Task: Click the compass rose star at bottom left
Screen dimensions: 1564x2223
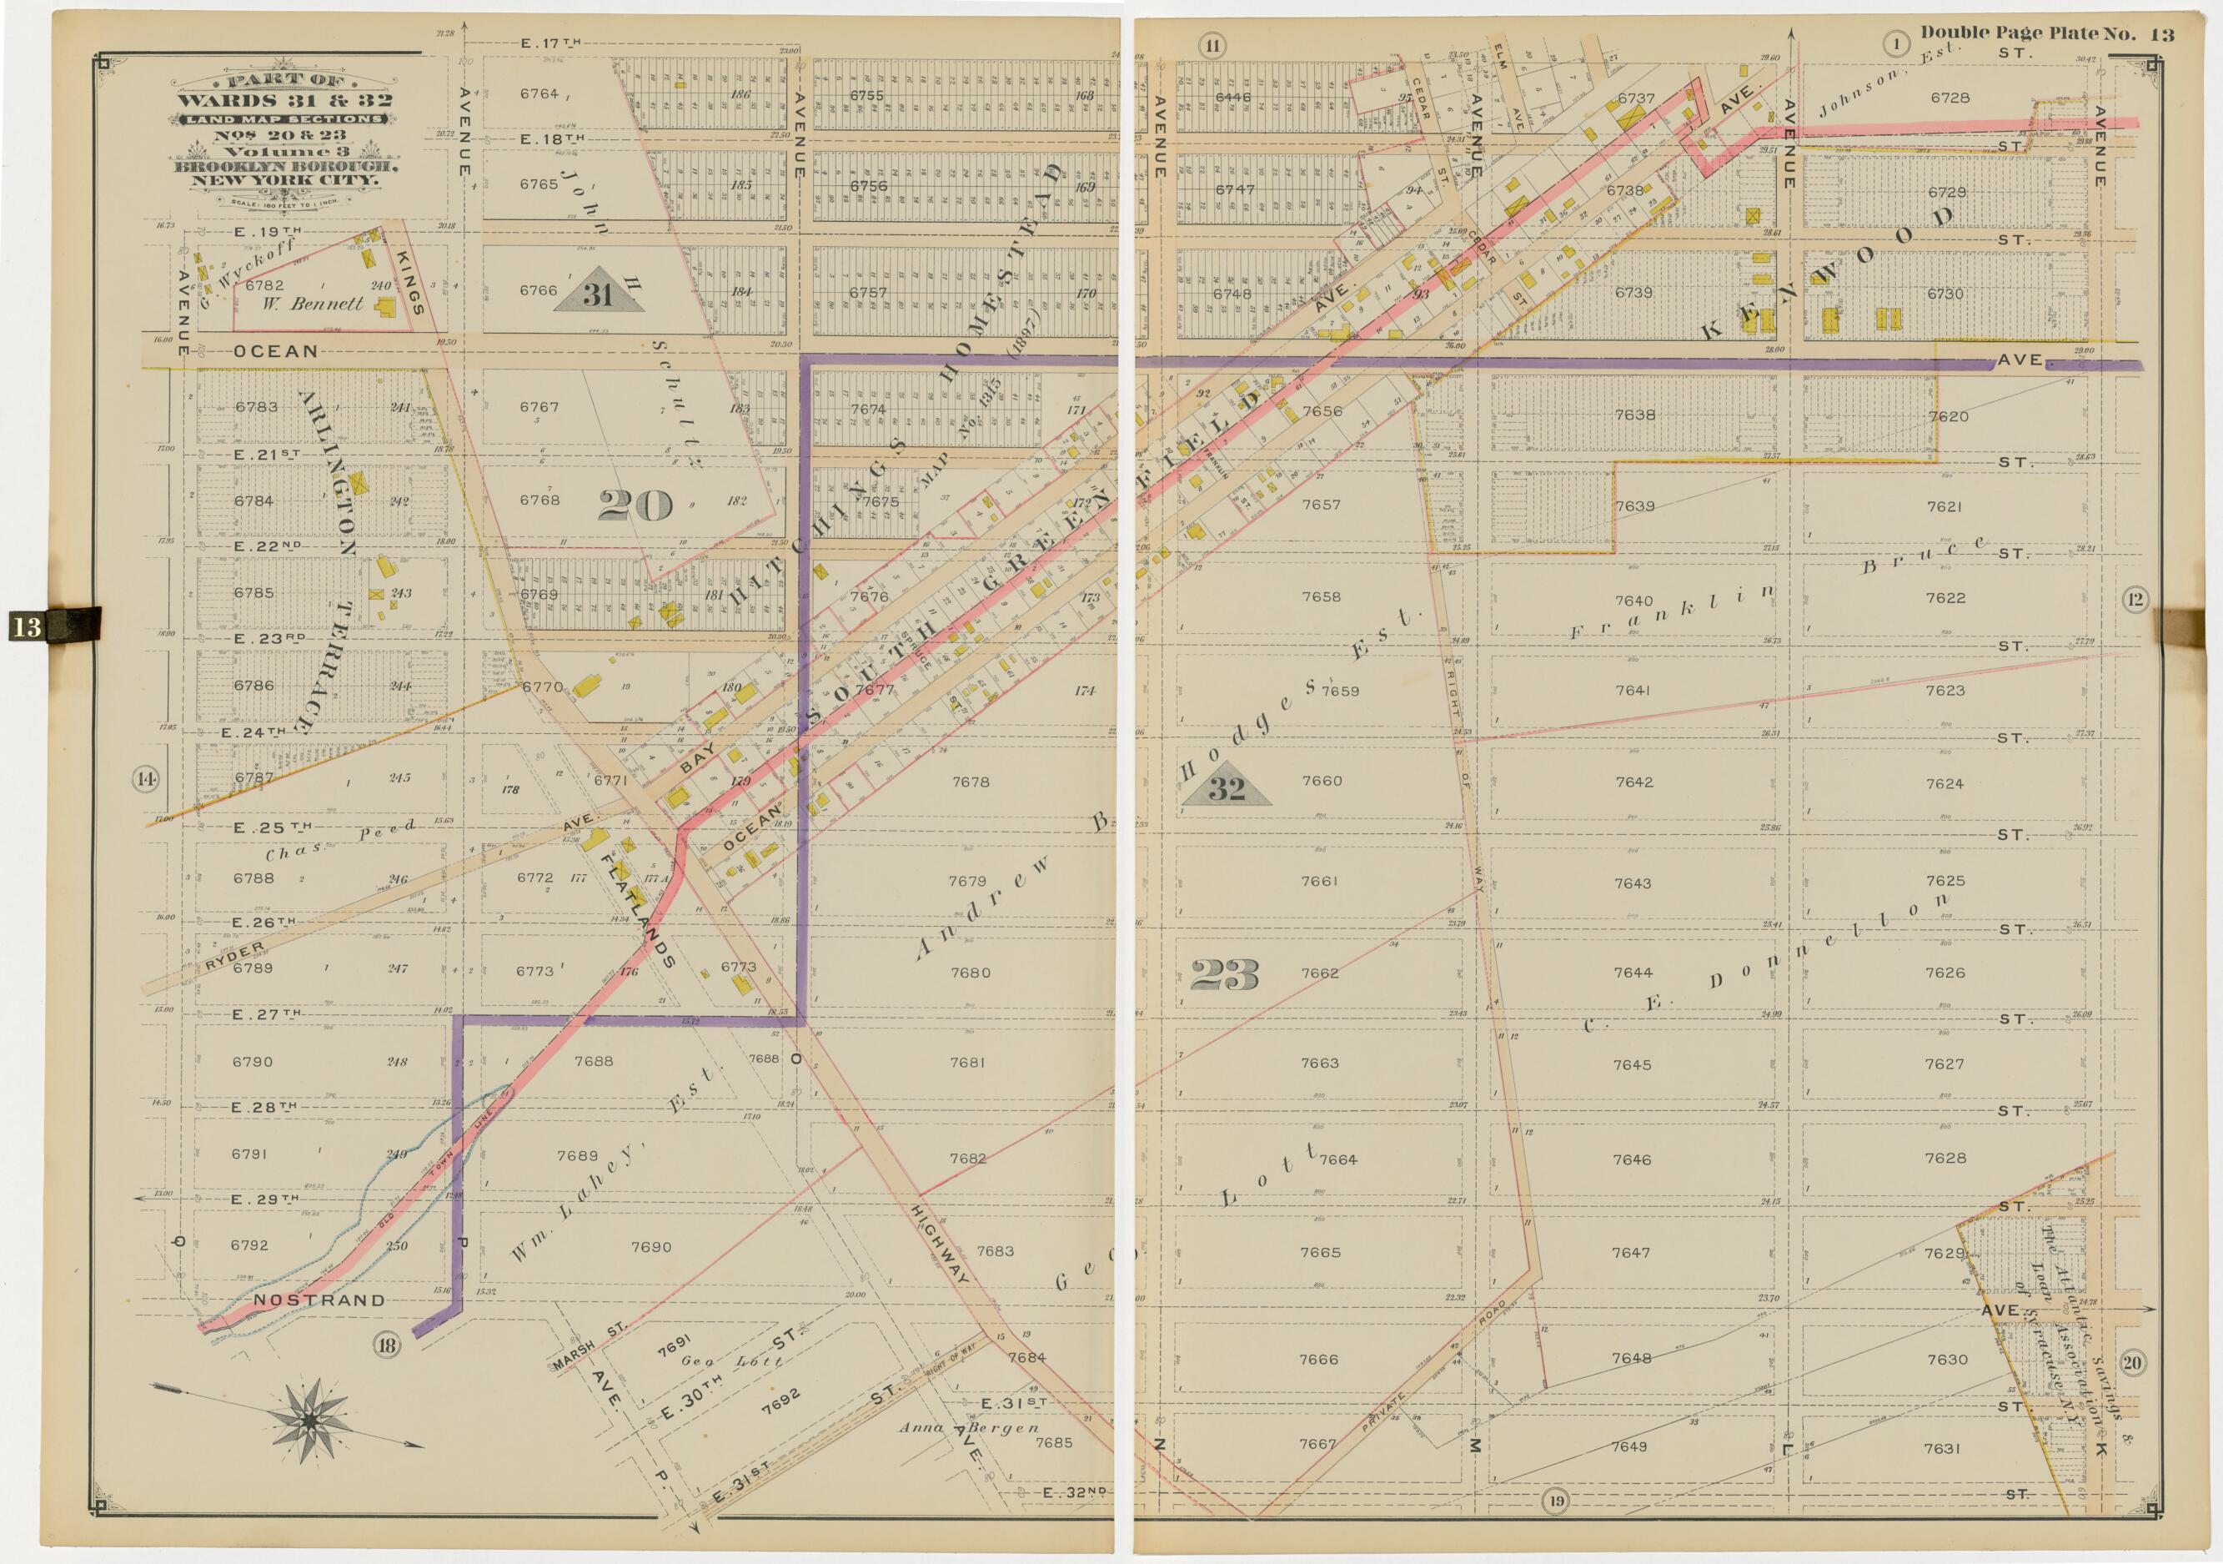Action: click(x=309, y=1421)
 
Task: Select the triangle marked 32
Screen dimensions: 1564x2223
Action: click(x=1226, y=788)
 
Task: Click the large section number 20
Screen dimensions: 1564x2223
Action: click(x=635, y=505)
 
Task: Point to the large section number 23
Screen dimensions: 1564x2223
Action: click(x=1224, y=974)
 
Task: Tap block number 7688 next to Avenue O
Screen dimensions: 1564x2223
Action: click(x=764, y=1059)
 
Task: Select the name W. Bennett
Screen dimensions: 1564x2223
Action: click(x=326, y=303)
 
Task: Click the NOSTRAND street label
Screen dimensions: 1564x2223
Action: click(x=319, y=1300)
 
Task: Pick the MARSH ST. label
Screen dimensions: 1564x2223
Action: click(x=589, y=1347)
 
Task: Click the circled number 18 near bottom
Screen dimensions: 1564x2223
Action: click(x=386, y=1344)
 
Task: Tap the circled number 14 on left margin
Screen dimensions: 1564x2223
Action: click(x=146, y=778)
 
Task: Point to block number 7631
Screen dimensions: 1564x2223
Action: click(x=1942, y=1449)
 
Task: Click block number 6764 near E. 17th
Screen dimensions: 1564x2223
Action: click(x=539, y=94)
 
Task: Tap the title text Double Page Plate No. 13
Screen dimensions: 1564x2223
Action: click(x=2047, y=34)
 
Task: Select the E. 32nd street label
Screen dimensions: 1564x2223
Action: click(x=1074, y=1492)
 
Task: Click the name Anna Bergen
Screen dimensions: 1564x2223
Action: click(x=968, y=1427)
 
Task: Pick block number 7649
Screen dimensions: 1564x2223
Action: click(x=1628, y=1446)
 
